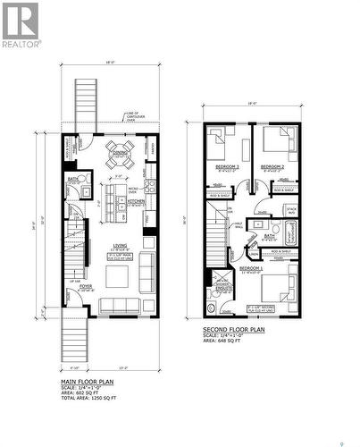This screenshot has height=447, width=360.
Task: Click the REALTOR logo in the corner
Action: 21,24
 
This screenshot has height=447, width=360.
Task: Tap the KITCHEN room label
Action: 136,202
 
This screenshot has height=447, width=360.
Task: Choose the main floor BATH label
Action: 73,179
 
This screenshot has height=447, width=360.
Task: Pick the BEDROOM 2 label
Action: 272,166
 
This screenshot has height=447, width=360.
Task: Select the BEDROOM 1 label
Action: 251,267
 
